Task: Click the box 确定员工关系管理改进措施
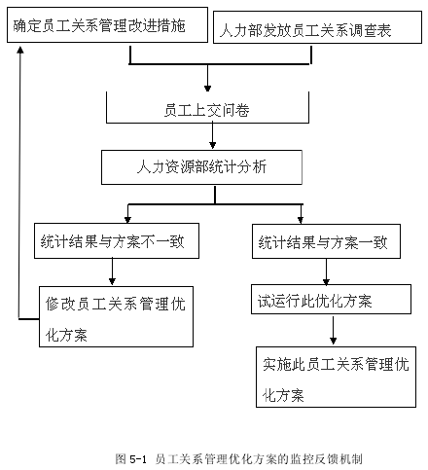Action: pos(107,25)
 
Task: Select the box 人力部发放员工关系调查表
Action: pos(317,27)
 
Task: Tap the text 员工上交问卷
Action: pos(206,110)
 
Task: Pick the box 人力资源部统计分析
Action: pos(201,167)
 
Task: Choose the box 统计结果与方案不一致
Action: pos(117,240)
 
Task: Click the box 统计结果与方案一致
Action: pos(326,241)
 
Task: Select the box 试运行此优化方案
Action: pos(331,300)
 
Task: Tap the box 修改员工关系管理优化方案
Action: pos(116,316)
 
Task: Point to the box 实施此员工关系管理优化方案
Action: pos(336,377)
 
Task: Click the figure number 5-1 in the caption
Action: pos(138,459)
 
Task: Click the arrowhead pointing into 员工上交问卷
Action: pos(208,89)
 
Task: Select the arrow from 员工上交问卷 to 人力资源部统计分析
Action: pos(212,135)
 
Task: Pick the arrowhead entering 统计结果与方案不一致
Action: pos(127,220)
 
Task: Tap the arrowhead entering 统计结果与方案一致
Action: pos(301,220)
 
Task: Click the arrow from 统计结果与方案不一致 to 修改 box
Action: pos(112,271)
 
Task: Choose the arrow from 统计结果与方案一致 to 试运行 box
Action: pos(326,271)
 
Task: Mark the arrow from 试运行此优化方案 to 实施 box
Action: pos(333,330)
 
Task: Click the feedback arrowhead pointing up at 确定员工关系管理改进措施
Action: pos(20,50)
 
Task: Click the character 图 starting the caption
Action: pos(121,459)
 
